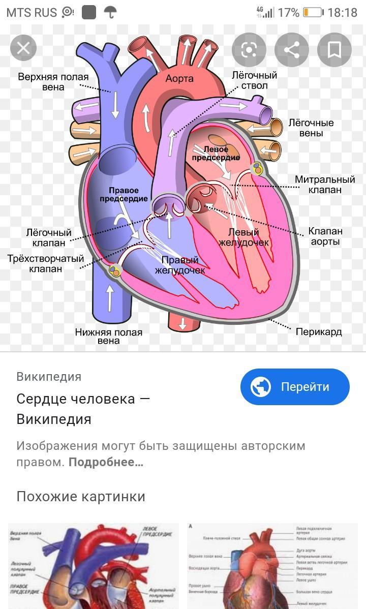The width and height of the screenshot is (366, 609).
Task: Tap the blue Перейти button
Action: (x=295, y=387)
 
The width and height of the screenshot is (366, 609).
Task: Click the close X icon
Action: (x=23, y=48)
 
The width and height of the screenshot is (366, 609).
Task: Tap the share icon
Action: (x=291, y=50)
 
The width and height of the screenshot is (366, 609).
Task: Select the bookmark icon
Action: (x=334, y=50)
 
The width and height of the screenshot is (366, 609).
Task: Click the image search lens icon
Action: (x=249, y=50)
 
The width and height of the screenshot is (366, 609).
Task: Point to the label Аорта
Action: (x=179, y=79)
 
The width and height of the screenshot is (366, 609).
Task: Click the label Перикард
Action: (x=319, y=332)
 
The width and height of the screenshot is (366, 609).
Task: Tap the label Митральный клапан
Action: (x=325, y=185)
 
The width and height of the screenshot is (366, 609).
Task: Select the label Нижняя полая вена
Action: (x=109, y=337)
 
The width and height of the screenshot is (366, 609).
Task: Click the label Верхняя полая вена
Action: (x=53, y=82)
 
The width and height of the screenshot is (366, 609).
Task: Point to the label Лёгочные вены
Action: (x=311, y=128)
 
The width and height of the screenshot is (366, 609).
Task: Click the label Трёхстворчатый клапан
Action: (x=46, y=263)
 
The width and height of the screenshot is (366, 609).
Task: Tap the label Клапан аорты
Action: (x=325, y=236)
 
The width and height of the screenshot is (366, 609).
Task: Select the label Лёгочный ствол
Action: (x=255, y=80)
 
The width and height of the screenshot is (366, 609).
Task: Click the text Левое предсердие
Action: (x=216, y=154)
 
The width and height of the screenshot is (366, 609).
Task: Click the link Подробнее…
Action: (x=106, y=462)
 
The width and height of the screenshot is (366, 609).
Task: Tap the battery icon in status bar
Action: (x=313, y=12)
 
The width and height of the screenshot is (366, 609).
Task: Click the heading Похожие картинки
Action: (x=81, y=496)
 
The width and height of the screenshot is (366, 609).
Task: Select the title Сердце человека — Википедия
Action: (x=83, y=409)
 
